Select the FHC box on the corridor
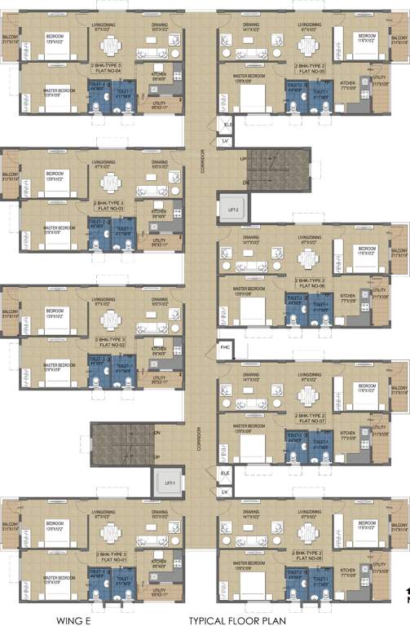226,349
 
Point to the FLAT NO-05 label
312,72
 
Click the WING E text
72,619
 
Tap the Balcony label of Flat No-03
10,175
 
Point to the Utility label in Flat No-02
159,378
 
